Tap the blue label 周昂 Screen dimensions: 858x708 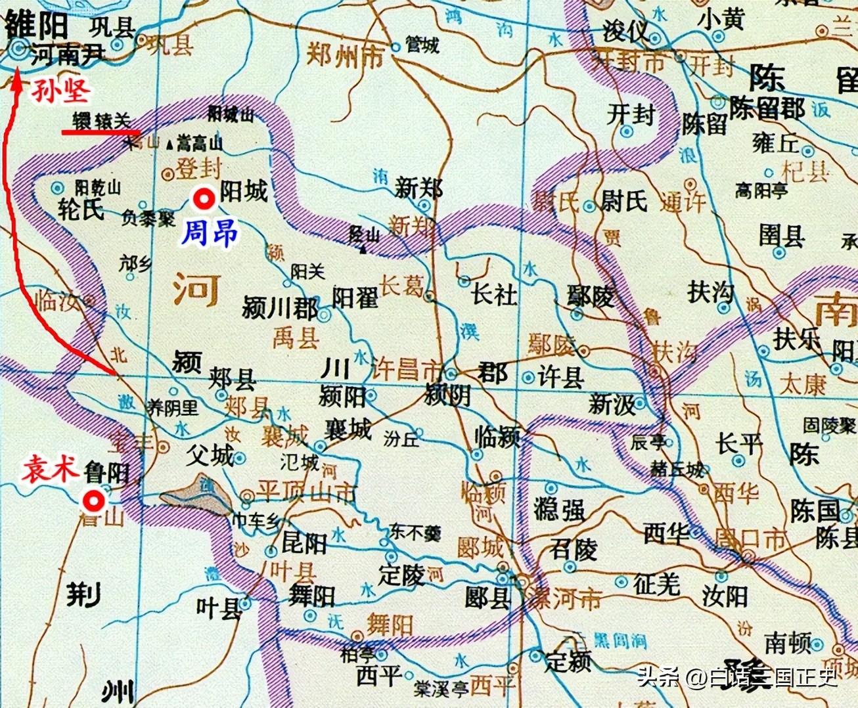click(209, 233)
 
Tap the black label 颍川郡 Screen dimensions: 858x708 click(280, 307)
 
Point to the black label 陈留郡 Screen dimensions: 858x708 click(767, 109)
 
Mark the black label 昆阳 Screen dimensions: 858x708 click(304, 542)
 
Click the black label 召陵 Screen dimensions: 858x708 click(574, 549)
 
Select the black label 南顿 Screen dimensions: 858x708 click(788, 643)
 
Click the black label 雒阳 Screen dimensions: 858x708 click(36, 26)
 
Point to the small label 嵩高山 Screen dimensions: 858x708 click(200, 143)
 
